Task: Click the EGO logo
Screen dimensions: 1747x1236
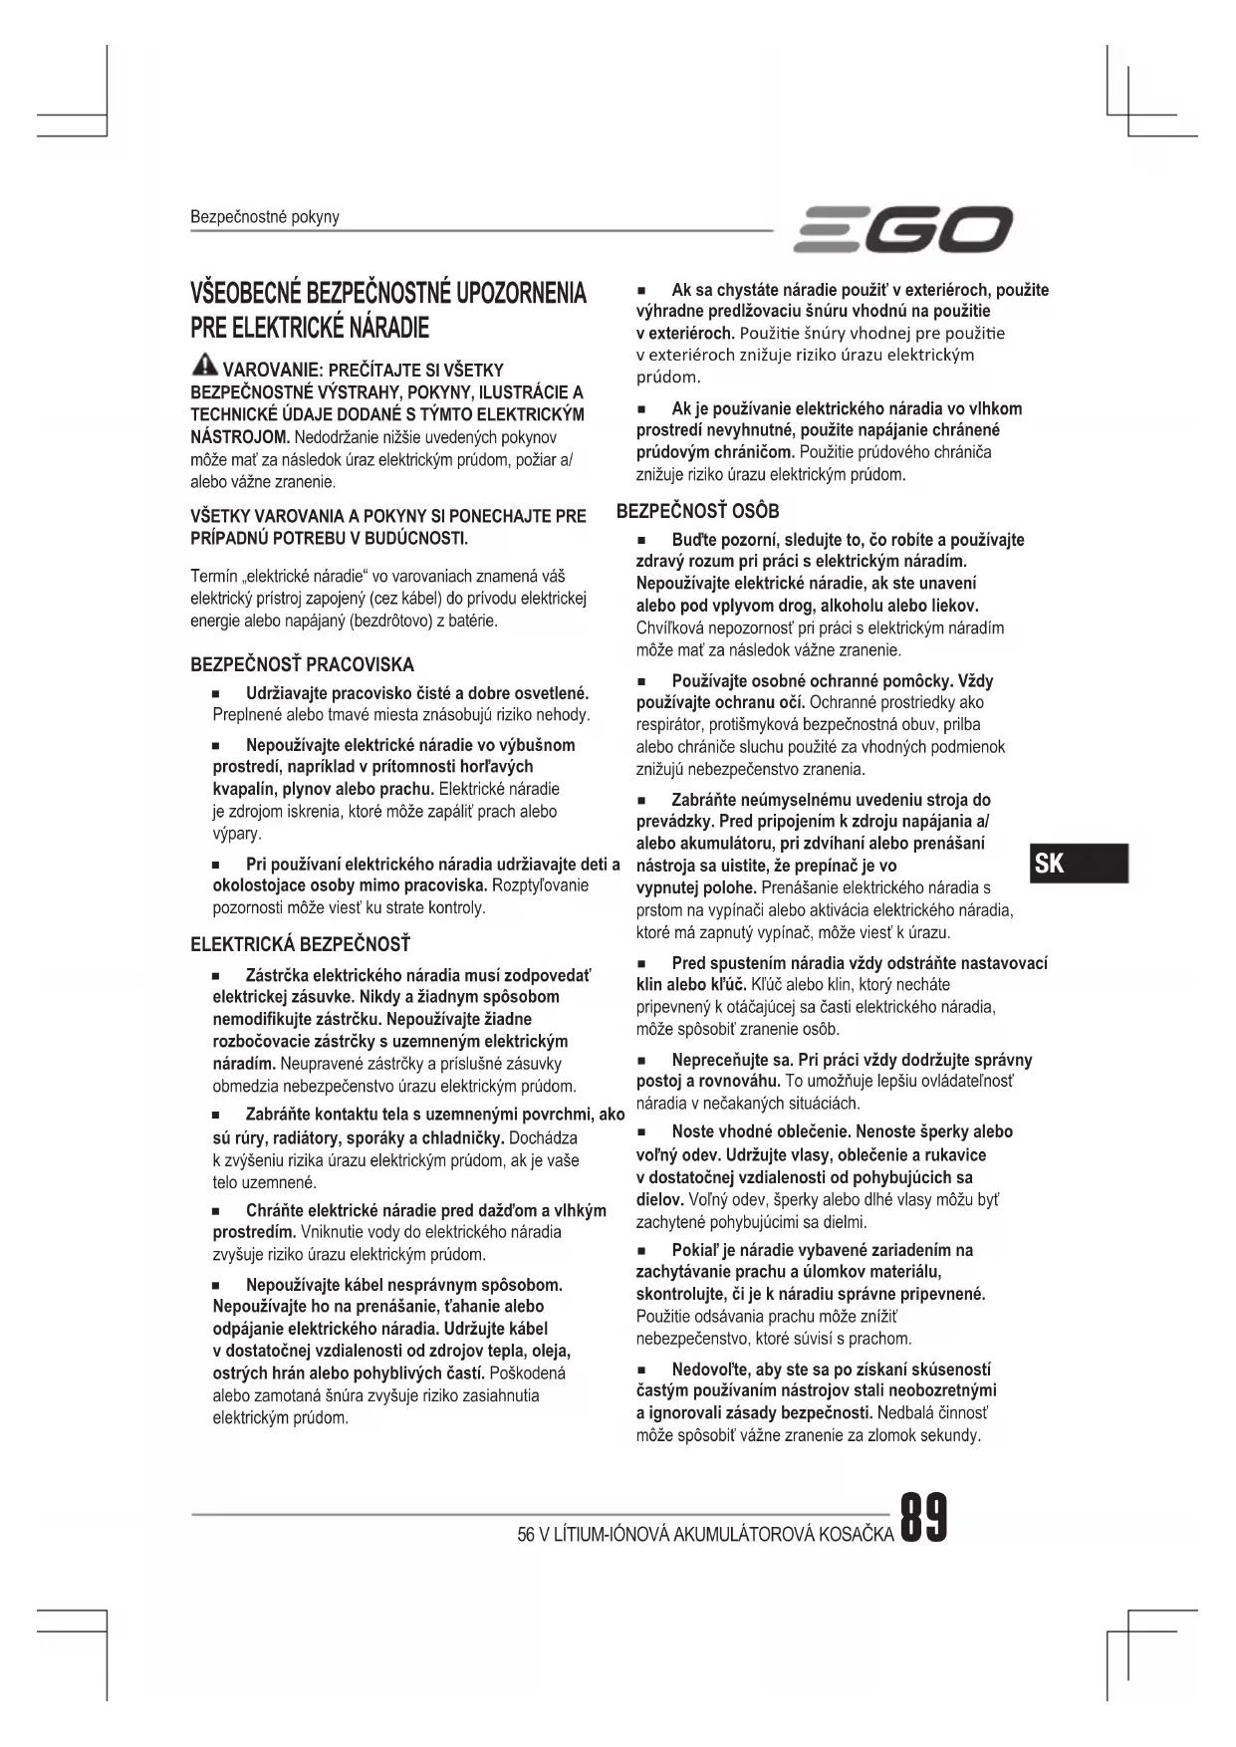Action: point(903,230)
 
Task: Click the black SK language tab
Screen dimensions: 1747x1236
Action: point(1080,863)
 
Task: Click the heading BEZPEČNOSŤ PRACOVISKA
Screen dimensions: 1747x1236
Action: point(302,664)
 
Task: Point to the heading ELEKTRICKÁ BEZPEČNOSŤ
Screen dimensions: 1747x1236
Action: point(300,944)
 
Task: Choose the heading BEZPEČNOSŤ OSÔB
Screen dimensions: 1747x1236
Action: point(697,511)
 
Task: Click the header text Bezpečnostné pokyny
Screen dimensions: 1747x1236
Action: point(264,217)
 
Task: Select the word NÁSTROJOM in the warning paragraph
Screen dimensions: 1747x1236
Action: point(240,437)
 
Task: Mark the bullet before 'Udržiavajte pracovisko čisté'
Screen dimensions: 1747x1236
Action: point(215,693)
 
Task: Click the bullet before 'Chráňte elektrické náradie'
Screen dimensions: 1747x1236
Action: point(215,1211)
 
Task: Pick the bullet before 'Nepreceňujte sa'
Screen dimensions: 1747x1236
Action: point(641,1060)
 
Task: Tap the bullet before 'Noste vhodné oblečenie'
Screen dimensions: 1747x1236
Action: point(641,1132)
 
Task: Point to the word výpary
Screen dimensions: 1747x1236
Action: point(236,834)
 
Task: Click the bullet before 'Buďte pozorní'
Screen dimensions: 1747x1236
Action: point(641,541)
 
